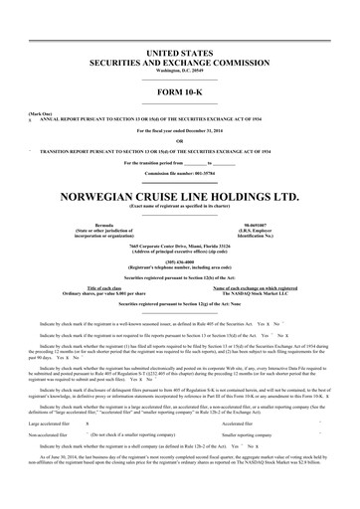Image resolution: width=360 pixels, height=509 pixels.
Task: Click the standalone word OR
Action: [180, 140]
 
